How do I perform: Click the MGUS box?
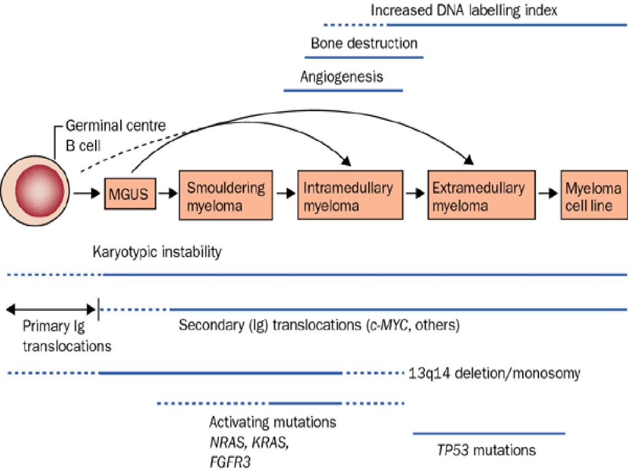click(130, 194)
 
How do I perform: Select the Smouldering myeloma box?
click(226, 195)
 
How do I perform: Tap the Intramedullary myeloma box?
click(350, 195)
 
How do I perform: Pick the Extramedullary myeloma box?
click(482, 195)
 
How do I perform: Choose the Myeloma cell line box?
click(594, 195)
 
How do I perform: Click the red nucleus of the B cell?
click(39, 191)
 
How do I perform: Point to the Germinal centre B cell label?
click(116, 136)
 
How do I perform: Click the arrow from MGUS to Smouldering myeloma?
click(167, 194)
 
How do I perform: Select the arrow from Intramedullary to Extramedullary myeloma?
click(415, 194)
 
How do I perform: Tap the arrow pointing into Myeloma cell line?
click(548, 194)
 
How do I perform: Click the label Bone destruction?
click(364, 44)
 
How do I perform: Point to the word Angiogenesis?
click(342, 77)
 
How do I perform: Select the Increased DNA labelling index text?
click(464, 10)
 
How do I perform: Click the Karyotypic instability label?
click(157, 252)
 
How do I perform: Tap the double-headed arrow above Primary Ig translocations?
click(52, 309)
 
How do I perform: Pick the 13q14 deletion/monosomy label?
click(494, 373)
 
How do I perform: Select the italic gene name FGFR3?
click(230, 462)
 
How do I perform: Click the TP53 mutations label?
click(486, 450)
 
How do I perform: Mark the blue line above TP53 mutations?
click(489, 434)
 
